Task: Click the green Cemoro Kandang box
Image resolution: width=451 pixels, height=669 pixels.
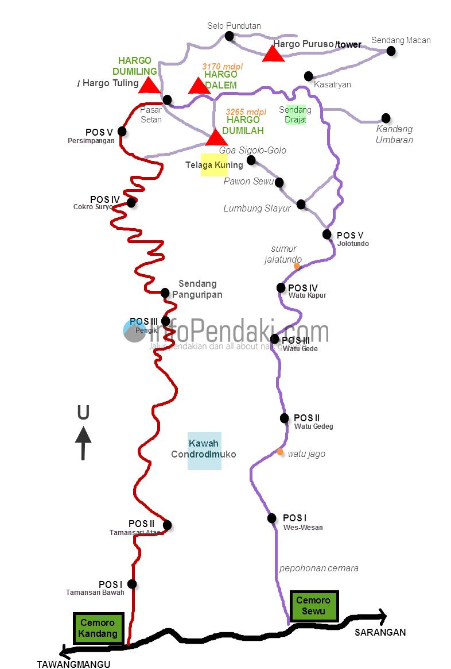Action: (98, 628)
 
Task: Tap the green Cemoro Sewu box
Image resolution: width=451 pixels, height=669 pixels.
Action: (314, 606)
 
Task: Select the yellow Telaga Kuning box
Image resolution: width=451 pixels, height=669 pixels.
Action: (214, 165)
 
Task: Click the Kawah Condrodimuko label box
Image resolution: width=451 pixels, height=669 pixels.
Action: (204, 451)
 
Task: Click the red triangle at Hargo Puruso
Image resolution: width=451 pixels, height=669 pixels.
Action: (273, 54)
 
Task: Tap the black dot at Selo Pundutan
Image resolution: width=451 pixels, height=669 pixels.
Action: (230, 36)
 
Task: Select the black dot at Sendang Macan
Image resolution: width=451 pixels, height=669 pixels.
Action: (391, 51)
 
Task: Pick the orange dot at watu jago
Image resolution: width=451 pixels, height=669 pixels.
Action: (280, 452)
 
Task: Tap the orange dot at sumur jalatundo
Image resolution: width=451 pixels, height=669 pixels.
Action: (297, 266)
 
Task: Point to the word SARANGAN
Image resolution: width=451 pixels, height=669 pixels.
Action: (380, 632)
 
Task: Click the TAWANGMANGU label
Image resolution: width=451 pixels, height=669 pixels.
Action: (73, 664)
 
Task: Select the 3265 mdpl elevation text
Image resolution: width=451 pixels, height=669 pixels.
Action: (246, 111)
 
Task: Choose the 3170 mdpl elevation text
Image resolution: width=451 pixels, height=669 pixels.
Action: (223, 67)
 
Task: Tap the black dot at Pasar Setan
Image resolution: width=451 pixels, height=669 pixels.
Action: (167, 100)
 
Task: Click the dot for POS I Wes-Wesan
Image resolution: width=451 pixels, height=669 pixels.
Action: (272, 518)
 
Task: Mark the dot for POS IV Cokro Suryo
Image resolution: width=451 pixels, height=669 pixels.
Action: (131, 202)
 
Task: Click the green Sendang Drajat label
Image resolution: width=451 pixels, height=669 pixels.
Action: (295, 114)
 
